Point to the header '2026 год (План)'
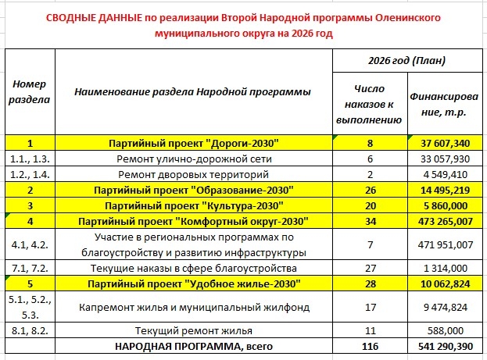[x=403, y=61]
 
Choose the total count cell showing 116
[x=371, y=345]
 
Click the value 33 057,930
[x=443, y=158]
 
